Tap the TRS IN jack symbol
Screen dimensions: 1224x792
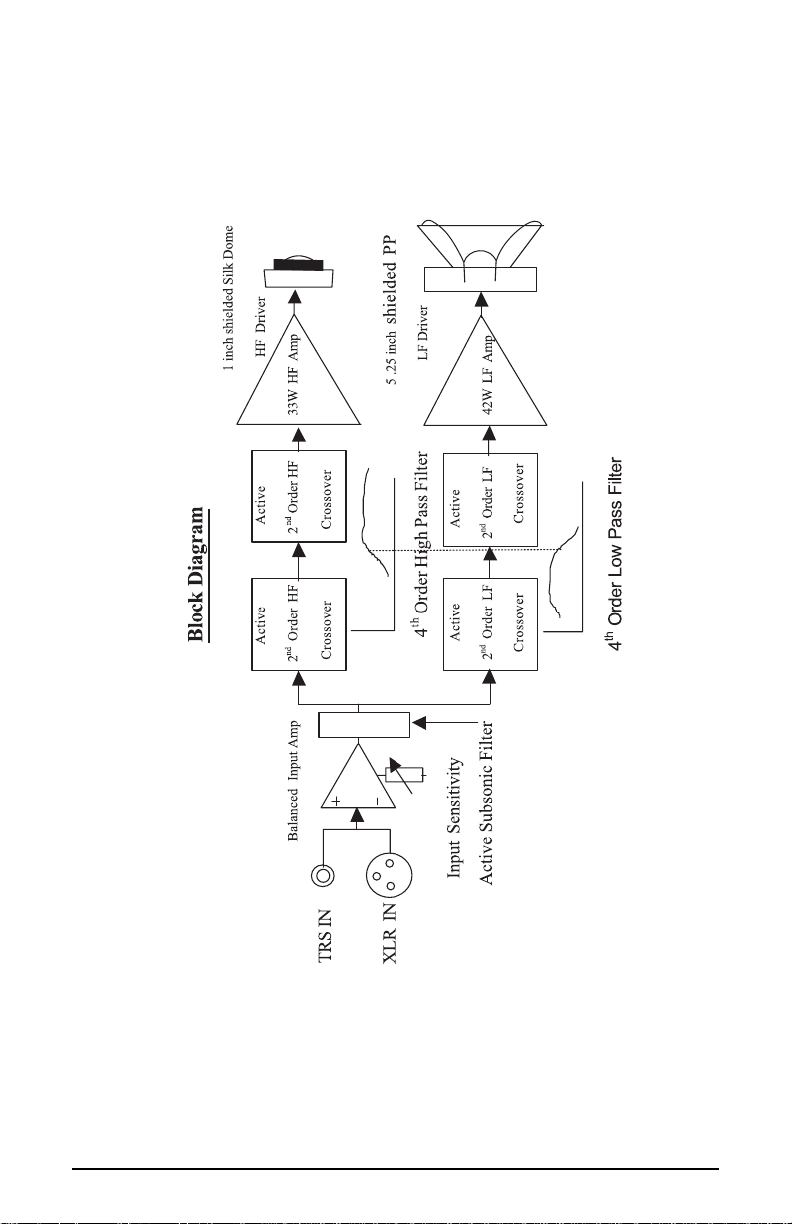(323, 876)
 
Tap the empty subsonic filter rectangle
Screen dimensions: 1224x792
(364, 724)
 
